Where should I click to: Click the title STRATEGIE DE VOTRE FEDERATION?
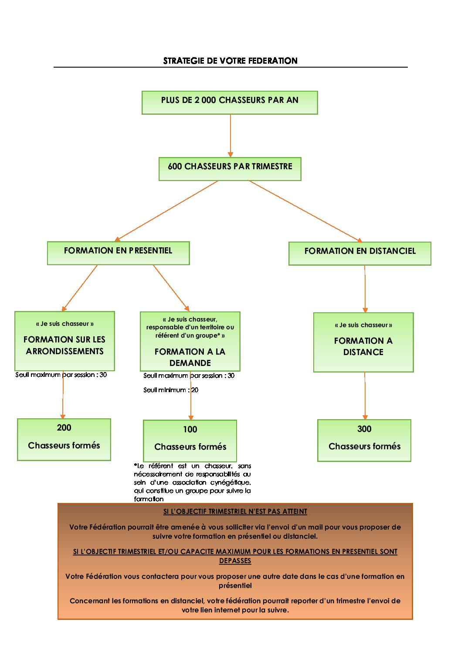click(230, 61)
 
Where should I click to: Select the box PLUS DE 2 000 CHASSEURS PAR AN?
click(230, 103)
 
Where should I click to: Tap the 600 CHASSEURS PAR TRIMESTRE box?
click(230, 169)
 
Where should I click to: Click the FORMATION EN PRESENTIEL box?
click(118, 253)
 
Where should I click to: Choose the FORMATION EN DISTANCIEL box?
click(359, 253)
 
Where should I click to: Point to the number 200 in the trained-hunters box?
click(64, 428)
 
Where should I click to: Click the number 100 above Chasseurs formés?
click(190, 430)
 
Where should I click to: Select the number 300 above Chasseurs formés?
click(364, 429)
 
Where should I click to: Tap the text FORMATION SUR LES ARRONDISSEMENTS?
click(64, 345)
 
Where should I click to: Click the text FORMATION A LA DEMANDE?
click(190, 357)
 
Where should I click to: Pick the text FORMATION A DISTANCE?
click(363, 346)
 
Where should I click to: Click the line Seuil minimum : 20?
click(171, 390)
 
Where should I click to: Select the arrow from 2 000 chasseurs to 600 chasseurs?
click(230, 136)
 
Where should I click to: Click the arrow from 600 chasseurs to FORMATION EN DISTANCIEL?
click(305, 211)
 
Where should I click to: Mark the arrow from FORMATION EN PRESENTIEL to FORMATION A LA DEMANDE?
click(171, 288)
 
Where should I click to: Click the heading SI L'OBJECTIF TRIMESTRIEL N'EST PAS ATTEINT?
click(235, 512)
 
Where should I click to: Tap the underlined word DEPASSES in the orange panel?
click(235, 561)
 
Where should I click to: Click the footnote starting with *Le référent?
click(192, 482)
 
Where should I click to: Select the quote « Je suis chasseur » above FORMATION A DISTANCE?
click(363, 325)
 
